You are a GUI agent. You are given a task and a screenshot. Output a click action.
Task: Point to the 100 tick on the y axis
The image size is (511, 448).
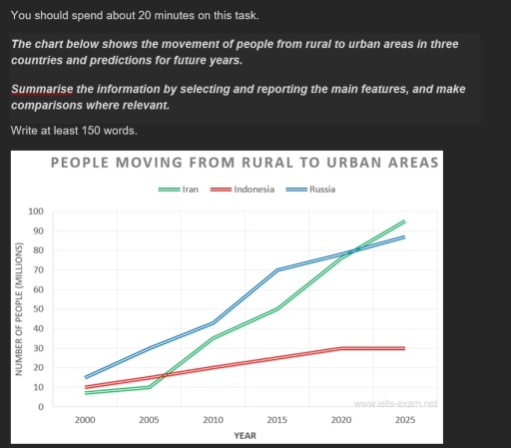pyautogui.click(x=37, y=212)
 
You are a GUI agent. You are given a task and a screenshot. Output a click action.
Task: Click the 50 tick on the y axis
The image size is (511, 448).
pyautogui.click(x=39, y=309)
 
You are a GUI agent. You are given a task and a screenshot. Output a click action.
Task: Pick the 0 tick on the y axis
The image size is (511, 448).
pyautogui.click(x=42, y=407)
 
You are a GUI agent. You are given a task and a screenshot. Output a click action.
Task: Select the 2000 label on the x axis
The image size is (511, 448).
pyautogui.click(x=85, y=422)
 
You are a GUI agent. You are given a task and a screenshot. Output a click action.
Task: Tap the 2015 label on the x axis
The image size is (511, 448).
pyautogui.click(x=276, y=422)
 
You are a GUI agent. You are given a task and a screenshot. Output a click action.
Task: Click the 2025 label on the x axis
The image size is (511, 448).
pyautogui.click(x=404, y=422)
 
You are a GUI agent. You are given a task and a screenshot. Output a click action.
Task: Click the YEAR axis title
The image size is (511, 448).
pyautogui.click(x=245, y=436)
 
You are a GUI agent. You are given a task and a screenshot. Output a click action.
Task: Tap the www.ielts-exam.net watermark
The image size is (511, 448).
pyautogui.click(x=396, y=403)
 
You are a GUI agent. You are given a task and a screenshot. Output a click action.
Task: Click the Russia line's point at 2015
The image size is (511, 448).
pyautogui.click(x=276, y=270)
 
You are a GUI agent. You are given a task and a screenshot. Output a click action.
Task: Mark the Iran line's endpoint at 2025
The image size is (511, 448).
pyautogui.click(x=404, y=222)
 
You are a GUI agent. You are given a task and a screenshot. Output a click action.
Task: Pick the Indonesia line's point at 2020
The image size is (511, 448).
pyautogui.click(x=340, y=348)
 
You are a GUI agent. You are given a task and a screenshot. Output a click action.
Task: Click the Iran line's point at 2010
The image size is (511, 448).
pyautogui.click(x=213, y=338)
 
